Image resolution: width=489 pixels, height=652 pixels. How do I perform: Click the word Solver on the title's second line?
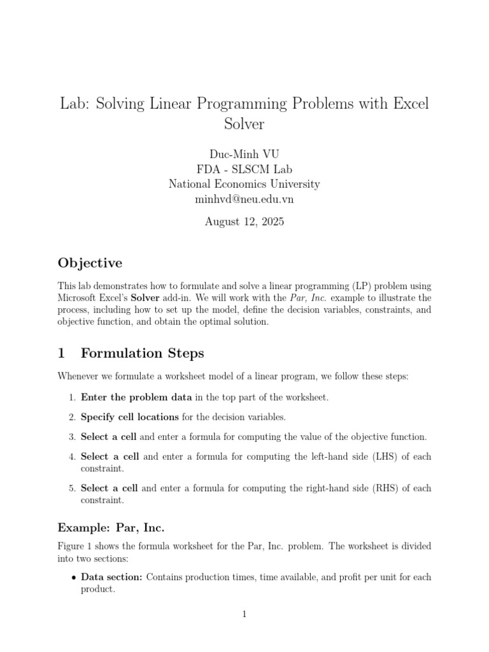(x=244, y=124)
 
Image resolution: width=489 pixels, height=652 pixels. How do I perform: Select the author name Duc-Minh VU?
(x=244, y=154)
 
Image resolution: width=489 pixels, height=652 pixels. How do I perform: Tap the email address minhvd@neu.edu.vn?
(x=244, y=199)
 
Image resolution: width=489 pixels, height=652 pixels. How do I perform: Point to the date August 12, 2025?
(x=244, y=222)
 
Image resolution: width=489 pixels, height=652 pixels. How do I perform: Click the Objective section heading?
(x=90, y=263)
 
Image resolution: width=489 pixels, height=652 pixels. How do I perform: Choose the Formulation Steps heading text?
(x=142, y=353)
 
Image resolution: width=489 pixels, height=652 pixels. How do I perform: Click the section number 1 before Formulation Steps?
(x=62, y=353)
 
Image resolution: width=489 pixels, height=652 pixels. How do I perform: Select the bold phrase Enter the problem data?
(x=136, y=397)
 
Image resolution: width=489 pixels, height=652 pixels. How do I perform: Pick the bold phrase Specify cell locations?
(x=129, y=417)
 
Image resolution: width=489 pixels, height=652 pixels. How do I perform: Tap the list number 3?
(x=71, y=437)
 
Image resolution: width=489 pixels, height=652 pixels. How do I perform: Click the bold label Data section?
(x=112, y=577)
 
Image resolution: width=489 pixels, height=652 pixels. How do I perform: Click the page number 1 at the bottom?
(x=244, y=614)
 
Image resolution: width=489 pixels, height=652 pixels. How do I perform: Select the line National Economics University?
(x=244, y=184)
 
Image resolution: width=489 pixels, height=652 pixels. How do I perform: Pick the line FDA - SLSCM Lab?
(x=244, y=169)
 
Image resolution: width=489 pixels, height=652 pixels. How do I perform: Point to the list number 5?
(x=71, y=488)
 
